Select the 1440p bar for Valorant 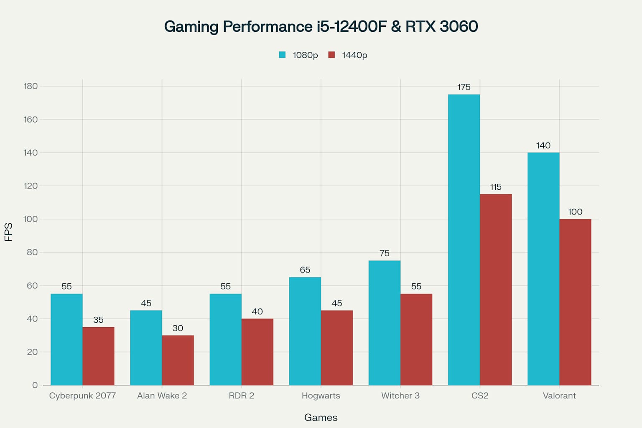tap(575, 302)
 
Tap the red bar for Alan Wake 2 tap(178, 360)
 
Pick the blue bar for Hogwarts tap(305, 331)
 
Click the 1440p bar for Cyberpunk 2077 tap(98, 356)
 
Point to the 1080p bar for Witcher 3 tap(385, 323)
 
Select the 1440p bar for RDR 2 tap(257, 352)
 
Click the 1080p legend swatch tap(283, 55)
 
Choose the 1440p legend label tap(354, 55)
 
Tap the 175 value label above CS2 tap(464, 87)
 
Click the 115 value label tap(496, 187)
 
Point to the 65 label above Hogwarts tap(305, 270)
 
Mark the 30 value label tap(178, 328)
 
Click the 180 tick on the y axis tap(31, 86)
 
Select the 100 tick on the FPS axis tap(31, 219)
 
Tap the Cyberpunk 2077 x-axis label tap(82, 396)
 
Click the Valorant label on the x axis tap(559, 396)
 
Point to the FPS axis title tap(8, 232)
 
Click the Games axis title tap(321, 418)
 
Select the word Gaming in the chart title tap(191, 26)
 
